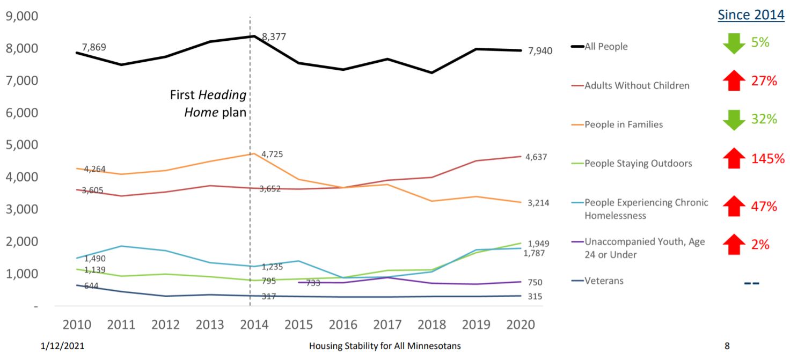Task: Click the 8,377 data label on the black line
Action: (274, 37)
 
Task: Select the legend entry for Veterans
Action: (604, 281)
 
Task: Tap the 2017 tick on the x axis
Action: (387, 325)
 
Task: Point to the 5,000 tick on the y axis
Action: (21, 145)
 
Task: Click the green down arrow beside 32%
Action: (734, 120)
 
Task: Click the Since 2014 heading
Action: (751, 15)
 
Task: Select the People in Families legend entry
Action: (624, 124)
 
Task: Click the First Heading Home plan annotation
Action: (208, 104)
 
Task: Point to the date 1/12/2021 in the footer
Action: (62, 346)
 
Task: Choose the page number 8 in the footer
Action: (727, 346)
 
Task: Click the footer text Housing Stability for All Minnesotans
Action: (384, 346)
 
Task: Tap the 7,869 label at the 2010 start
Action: (94, 47)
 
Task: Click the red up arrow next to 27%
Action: (734, 81)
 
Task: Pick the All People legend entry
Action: (606, 47)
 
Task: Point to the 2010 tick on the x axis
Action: (77, 325)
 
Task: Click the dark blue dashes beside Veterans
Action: (752, 283)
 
